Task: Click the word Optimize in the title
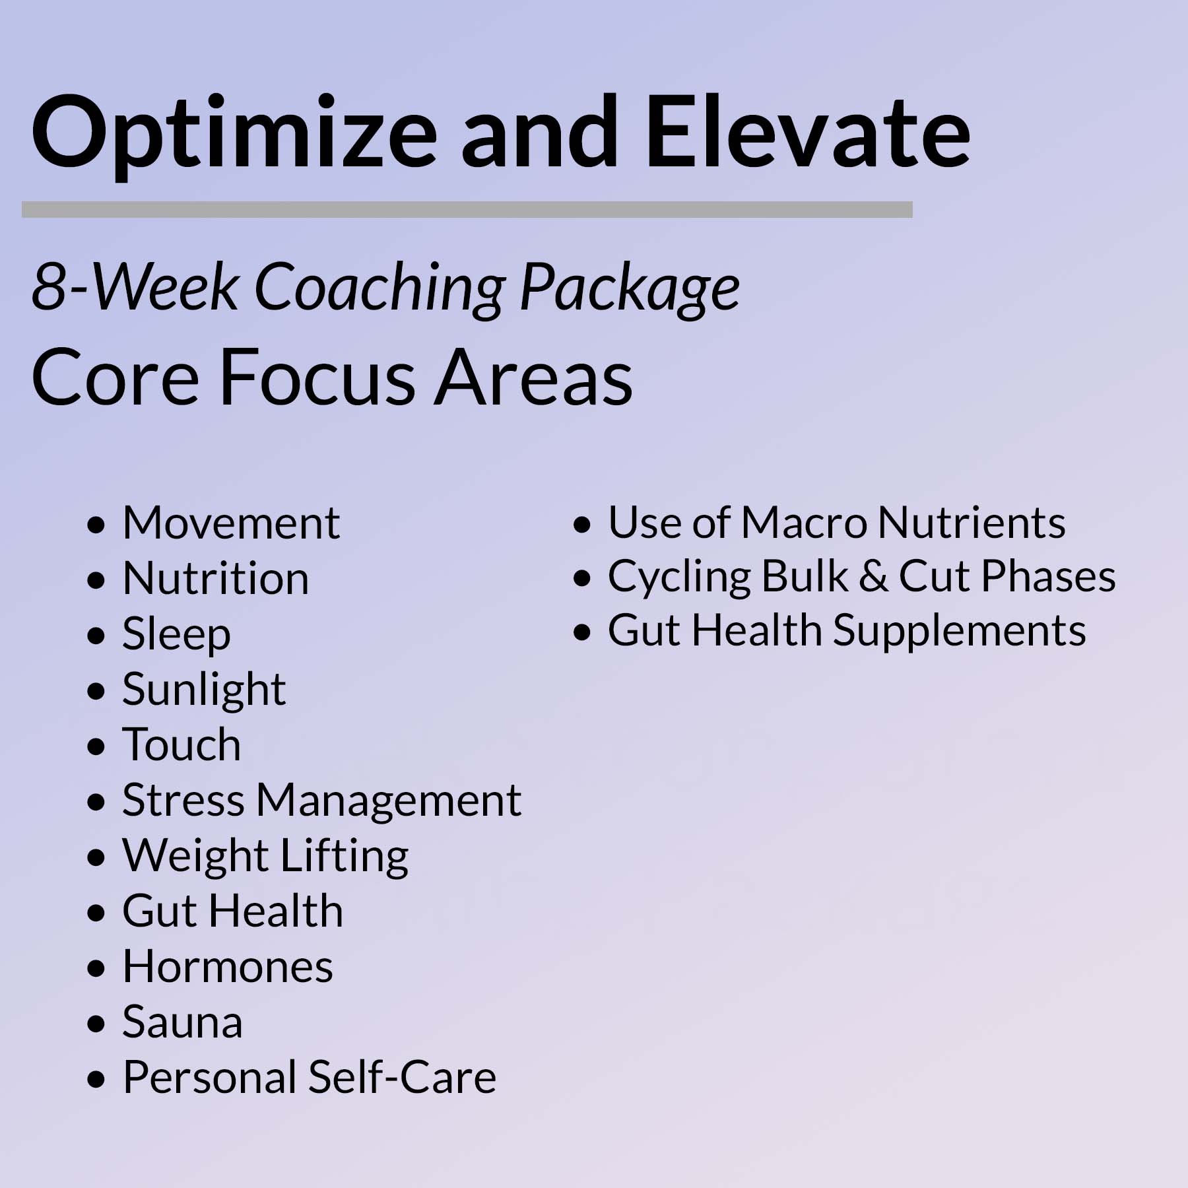pos(234,135)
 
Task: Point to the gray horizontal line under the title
pos(467,209)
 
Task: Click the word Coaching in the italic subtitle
pos(379,288)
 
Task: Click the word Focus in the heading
pos(317,378)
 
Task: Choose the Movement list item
pos(231,523)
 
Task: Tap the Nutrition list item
pos(216,579)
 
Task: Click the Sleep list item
pos(176,635)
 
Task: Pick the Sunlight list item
pos(204,690)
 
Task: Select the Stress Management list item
pos(322,801)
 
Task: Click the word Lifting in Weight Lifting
pos(345,857)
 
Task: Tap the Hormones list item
pos(228,967)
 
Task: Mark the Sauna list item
pos(182,1022)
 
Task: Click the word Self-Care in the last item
pos(402,1078)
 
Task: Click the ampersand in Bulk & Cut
pos(874,577)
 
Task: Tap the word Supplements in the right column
pos(960,632)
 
